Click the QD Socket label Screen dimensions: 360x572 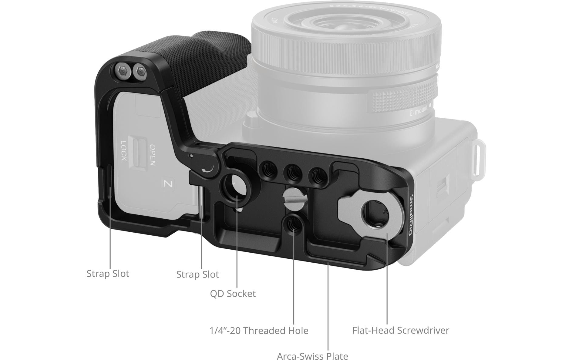(233, 294)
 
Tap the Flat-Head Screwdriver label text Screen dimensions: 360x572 (400, 330)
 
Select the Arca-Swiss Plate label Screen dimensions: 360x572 (312, 356)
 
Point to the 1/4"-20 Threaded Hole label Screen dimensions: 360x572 (259, 331)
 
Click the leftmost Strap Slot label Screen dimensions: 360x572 (108, 274)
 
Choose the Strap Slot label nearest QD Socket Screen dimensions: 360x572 (197, 274)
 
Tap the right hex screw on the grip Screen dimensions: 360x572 (140, 72)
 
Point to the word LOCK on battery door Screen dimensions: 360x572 (124, 151)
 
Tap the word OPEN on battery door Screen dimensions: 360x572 (153, 154)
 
